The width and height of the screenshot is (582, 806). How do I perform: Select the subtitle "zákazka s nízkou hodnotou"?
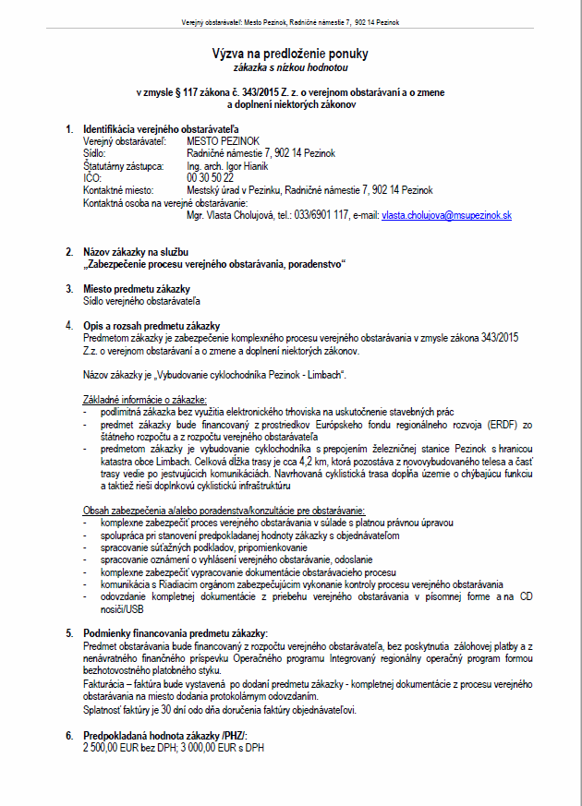click(x=291, y=68)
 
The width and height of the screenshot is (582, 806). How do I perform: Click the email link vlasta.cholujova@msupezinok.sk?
click(x=446, y=214)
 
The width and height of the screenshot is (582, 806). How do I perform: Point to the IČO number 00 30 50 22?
click(x=210, y=177)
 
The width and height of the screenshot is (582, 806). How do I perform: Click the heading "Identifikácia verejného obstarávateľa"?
click(x=162, y=129)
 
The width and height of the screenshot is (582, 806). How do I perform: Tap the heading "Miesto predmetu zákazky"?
click(x=136, y=288)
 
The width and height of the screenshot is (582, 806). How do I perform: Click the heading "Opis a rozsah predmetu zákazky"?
click(x=151, y=325)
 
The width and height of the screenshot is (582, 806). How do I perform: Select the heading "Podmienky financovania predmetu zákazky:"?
click(x=175, y=633)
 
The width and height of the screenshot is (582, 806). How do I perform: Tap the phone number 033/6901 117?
click(x=321, y=214)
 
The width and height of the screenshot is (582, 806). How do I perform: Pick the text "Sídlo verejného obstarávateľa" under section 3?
click(x=141, y=300)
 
